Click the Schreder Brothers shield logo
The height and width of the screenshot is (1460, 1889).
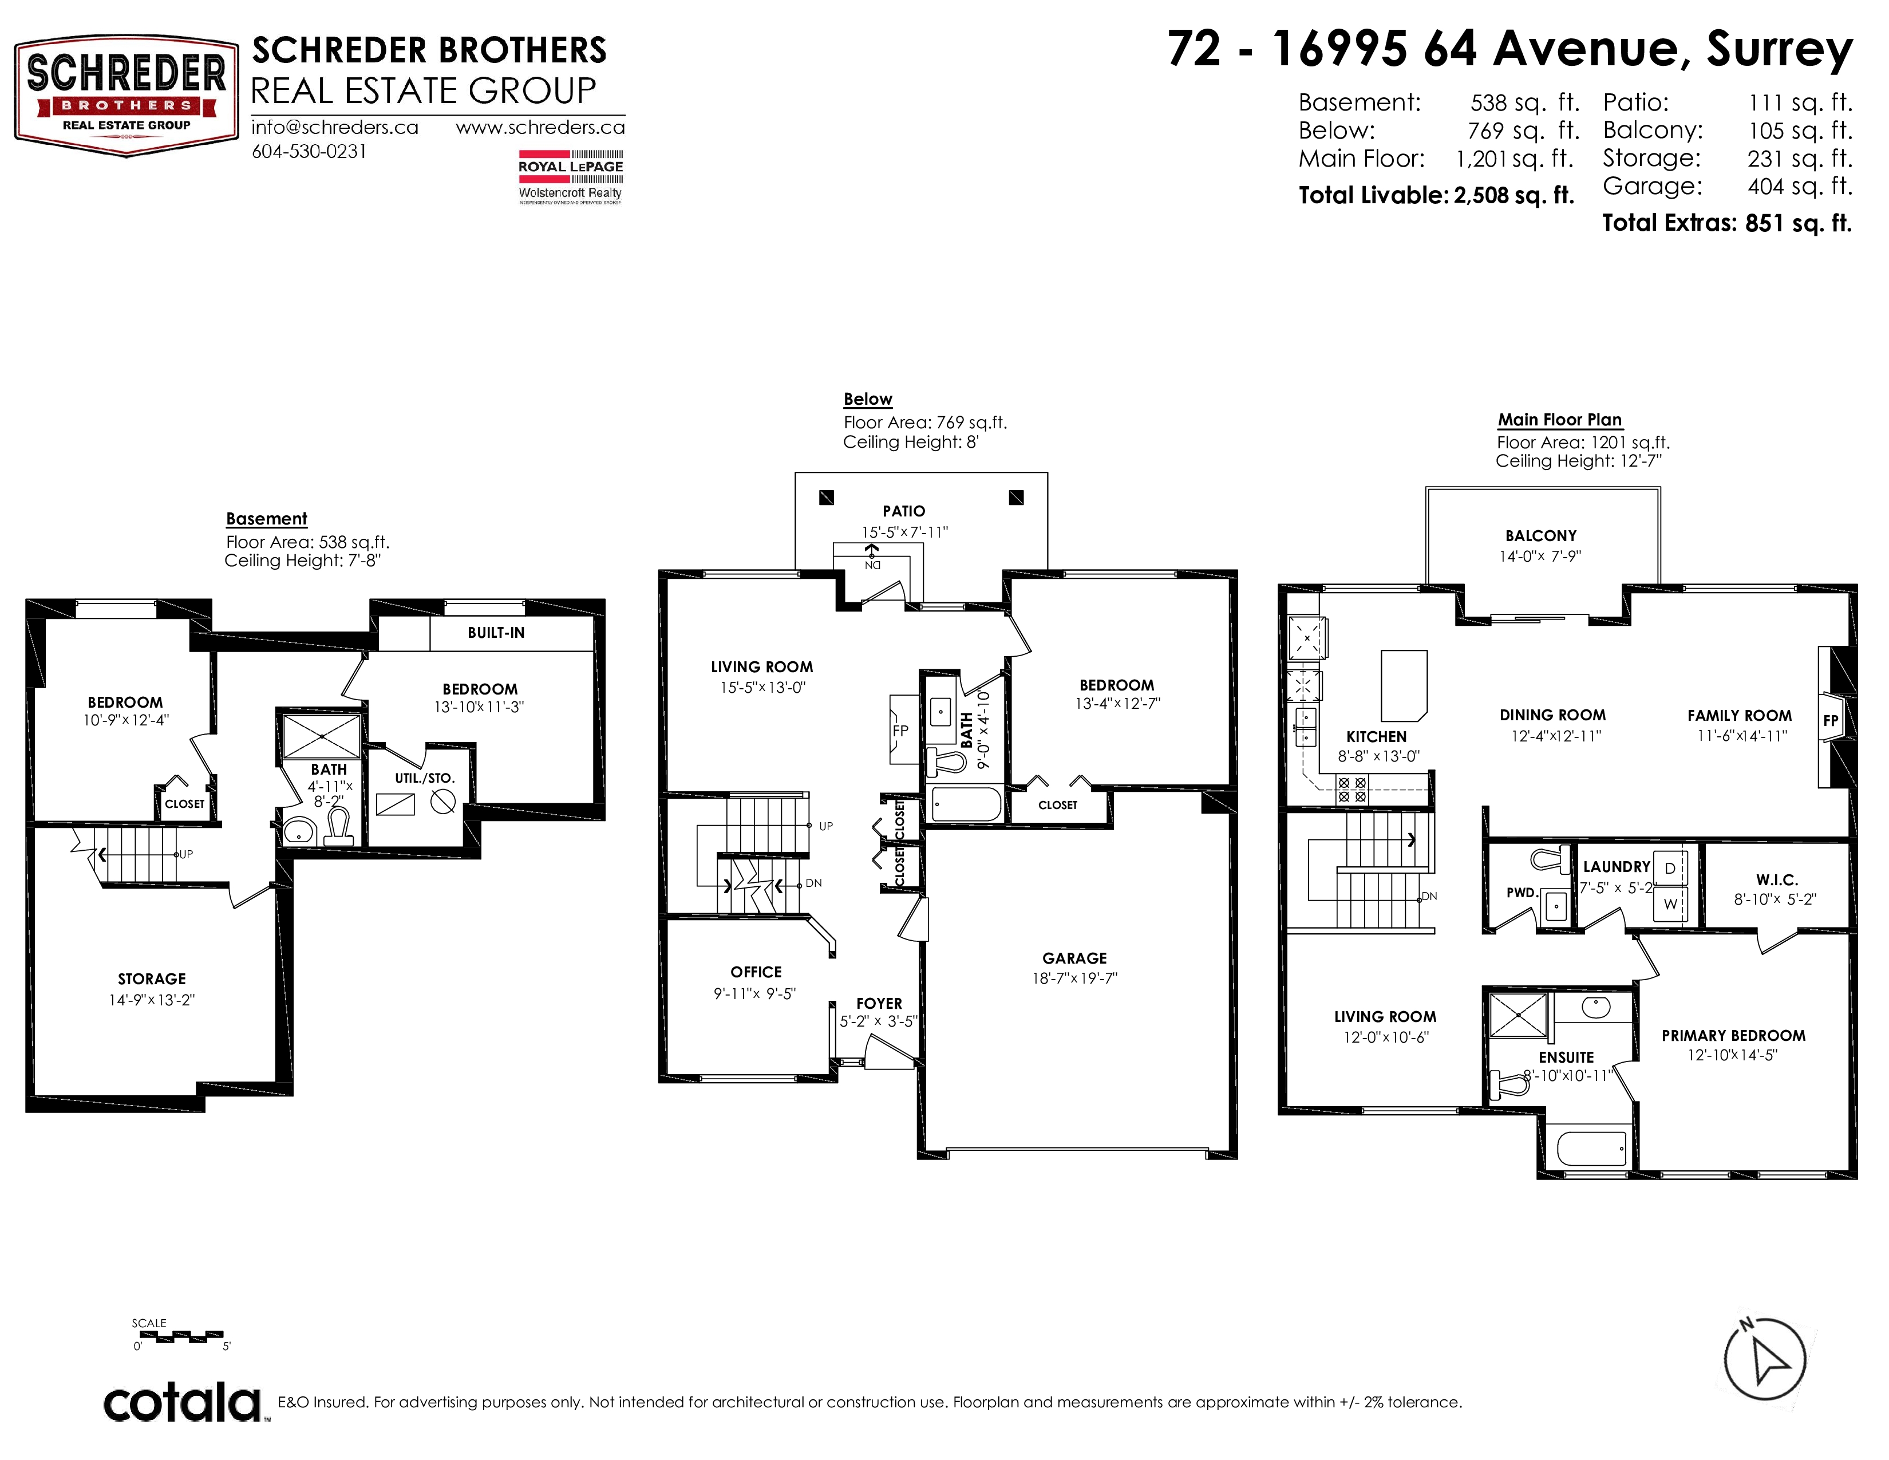127,96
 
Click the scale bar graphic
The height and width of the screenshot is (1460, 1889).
181,1336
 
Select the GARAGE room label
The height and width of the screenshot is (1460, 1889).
1074,958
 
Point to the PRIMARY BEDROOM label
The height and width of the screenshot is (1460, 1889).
1733,1035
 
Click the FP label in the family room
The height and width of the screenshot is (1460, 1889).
1830,720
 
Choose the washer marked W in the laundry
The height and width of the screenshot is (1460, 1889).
1670,904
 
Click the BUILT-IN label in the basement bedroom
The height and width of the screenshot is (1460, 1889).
496,632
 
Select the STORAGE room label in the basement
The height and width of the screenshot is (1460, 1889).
152,979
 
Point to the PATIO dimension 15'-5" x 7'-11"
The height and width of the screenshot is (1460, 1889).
904,532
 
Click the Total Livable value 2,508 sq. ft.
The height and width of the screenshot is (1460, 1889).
1513,195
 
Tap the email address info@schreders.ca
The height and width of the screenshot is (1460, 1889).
335,127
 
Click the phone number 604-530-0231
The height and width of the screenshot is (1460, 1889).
309,151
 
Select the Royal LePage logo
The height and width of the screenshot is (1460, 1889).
570,177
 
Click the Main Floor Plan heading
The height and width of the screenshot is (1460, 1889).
1559,420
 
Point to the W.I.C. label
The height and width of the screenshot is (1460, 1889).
1777,879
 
